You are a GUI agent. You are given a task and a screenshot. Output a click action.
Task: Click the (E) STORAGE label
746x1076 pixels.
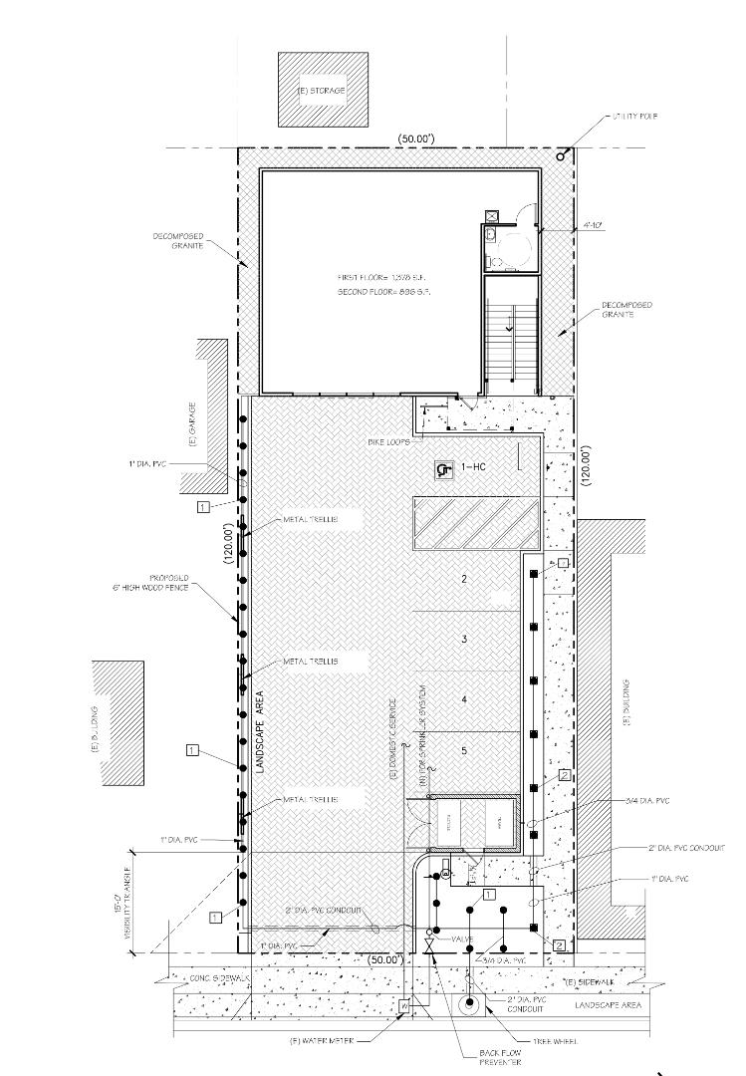tap(322, 91)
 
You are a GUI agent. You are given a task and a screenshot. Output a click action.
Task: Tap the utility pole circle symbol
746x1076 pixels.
tap(562, 155)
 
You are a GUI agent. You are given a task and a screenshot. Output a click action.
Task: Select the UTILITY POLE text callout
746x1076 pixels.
tap(636, 117)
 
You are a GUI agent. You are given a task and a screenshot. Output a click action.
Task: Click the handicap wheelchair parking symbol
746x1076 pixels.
tap(443, 467)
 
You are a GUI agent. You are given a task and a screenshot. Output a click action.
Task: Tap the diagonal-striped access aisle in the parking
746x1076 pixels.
tap(476, 522)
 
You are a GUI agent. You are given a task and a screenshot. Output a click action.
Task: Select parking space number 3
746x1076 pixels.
tap(464, 639)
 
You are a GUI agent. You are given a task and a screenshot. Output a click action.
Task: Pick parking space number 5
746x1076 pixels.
tap(464, 749)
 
